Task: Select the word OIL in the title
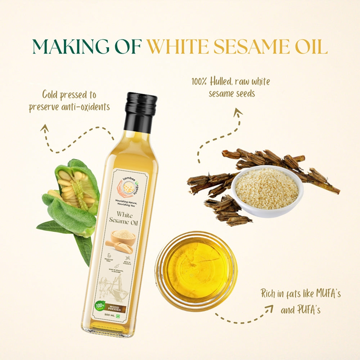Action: [310, 46]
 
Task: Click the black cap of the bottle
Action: [140, 108]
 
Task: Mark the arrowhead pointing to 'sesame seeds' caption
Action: [238, 113]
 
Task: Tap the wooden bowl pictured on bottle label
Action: [123, 237]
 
